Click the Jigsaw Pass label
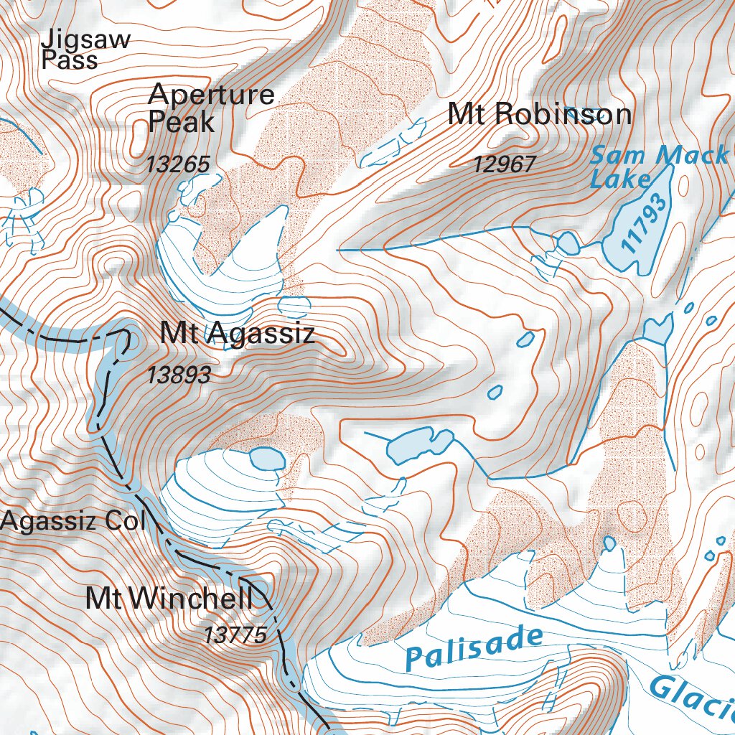(x=85, y=49)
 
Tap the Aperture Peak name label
(x=210, y=108)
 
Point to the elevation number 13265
(x=178, y=164)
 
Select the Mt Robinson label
(x=539, y=115)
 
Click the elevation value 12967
(x=504, y=165)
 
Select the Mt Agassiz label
(x=237, y=334)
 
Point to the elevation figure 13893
(x=179, y=375)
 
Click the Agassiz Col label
(x=72, y=522)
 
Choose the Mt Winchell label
(x=169, y=599)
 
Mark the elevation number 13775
(x=235, y=635)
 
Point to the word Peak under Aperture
(x=181, y=123)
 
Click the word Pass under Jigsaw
(x=69, y=60)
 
